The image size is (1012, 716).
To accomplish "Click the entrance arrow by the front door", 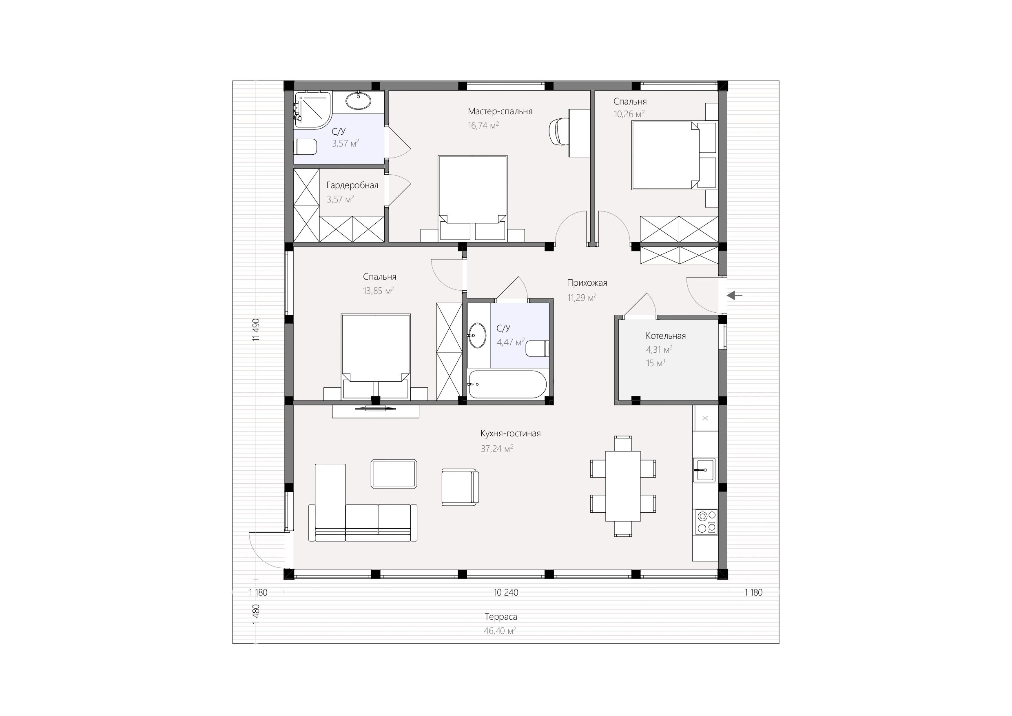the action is (x=734, y=296).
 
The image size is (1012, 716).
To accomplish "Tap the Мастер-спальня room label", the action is (x=500, y=111).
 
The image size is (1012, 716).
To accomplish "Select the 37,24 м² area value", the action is (x=497, y=449).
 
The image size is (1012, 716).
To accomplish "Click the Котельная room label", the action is (x=666, y=336).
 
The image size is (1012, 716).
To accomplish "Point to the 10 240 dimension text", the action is (x=506, y=592).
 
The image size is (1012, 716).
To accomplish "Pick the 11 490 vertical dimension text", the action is (x=256, y=329).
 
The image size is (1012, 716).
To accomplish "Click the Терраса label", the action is (x=501, y=617).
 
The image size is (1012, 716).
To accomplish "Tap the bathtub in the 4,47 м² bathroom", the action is (x=507, y=384).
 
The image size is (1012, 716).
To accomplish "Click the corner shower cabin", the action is (x=312, y=109).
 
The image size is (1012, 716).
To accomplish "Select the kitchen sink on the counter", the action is (x=704, y=469).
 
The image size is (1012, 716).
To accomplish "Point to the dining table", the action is (x=623, y=486).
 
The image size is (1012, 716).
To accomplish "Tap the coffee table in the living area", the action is (x=394, y=474).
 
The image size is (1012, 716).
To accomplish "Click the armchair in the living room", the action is (x=460, y=487).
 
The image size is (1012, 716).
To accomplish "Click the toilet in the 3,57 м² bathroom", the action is (x=305, y=147).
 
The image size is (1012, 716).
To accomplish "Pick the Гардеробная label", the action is (x=352, y=185).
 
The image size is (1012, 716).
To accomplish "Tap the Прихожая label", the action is (x=587, y=283).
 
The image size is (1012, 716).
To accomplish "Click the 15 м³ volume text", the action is (x=655, y=363).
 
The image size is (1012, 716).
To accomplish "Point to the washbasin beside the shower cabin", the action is (x=359, y=101).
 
